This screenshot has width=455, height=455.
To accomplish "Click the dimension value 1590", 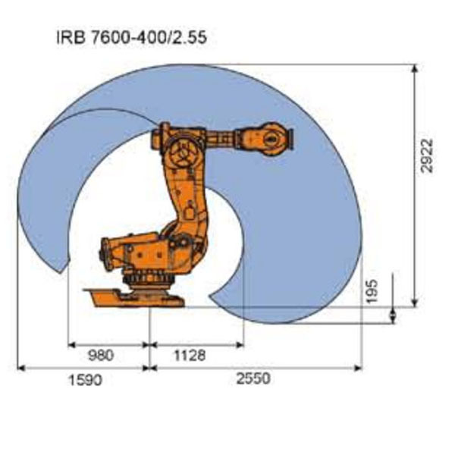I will [x=84, y=379].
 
